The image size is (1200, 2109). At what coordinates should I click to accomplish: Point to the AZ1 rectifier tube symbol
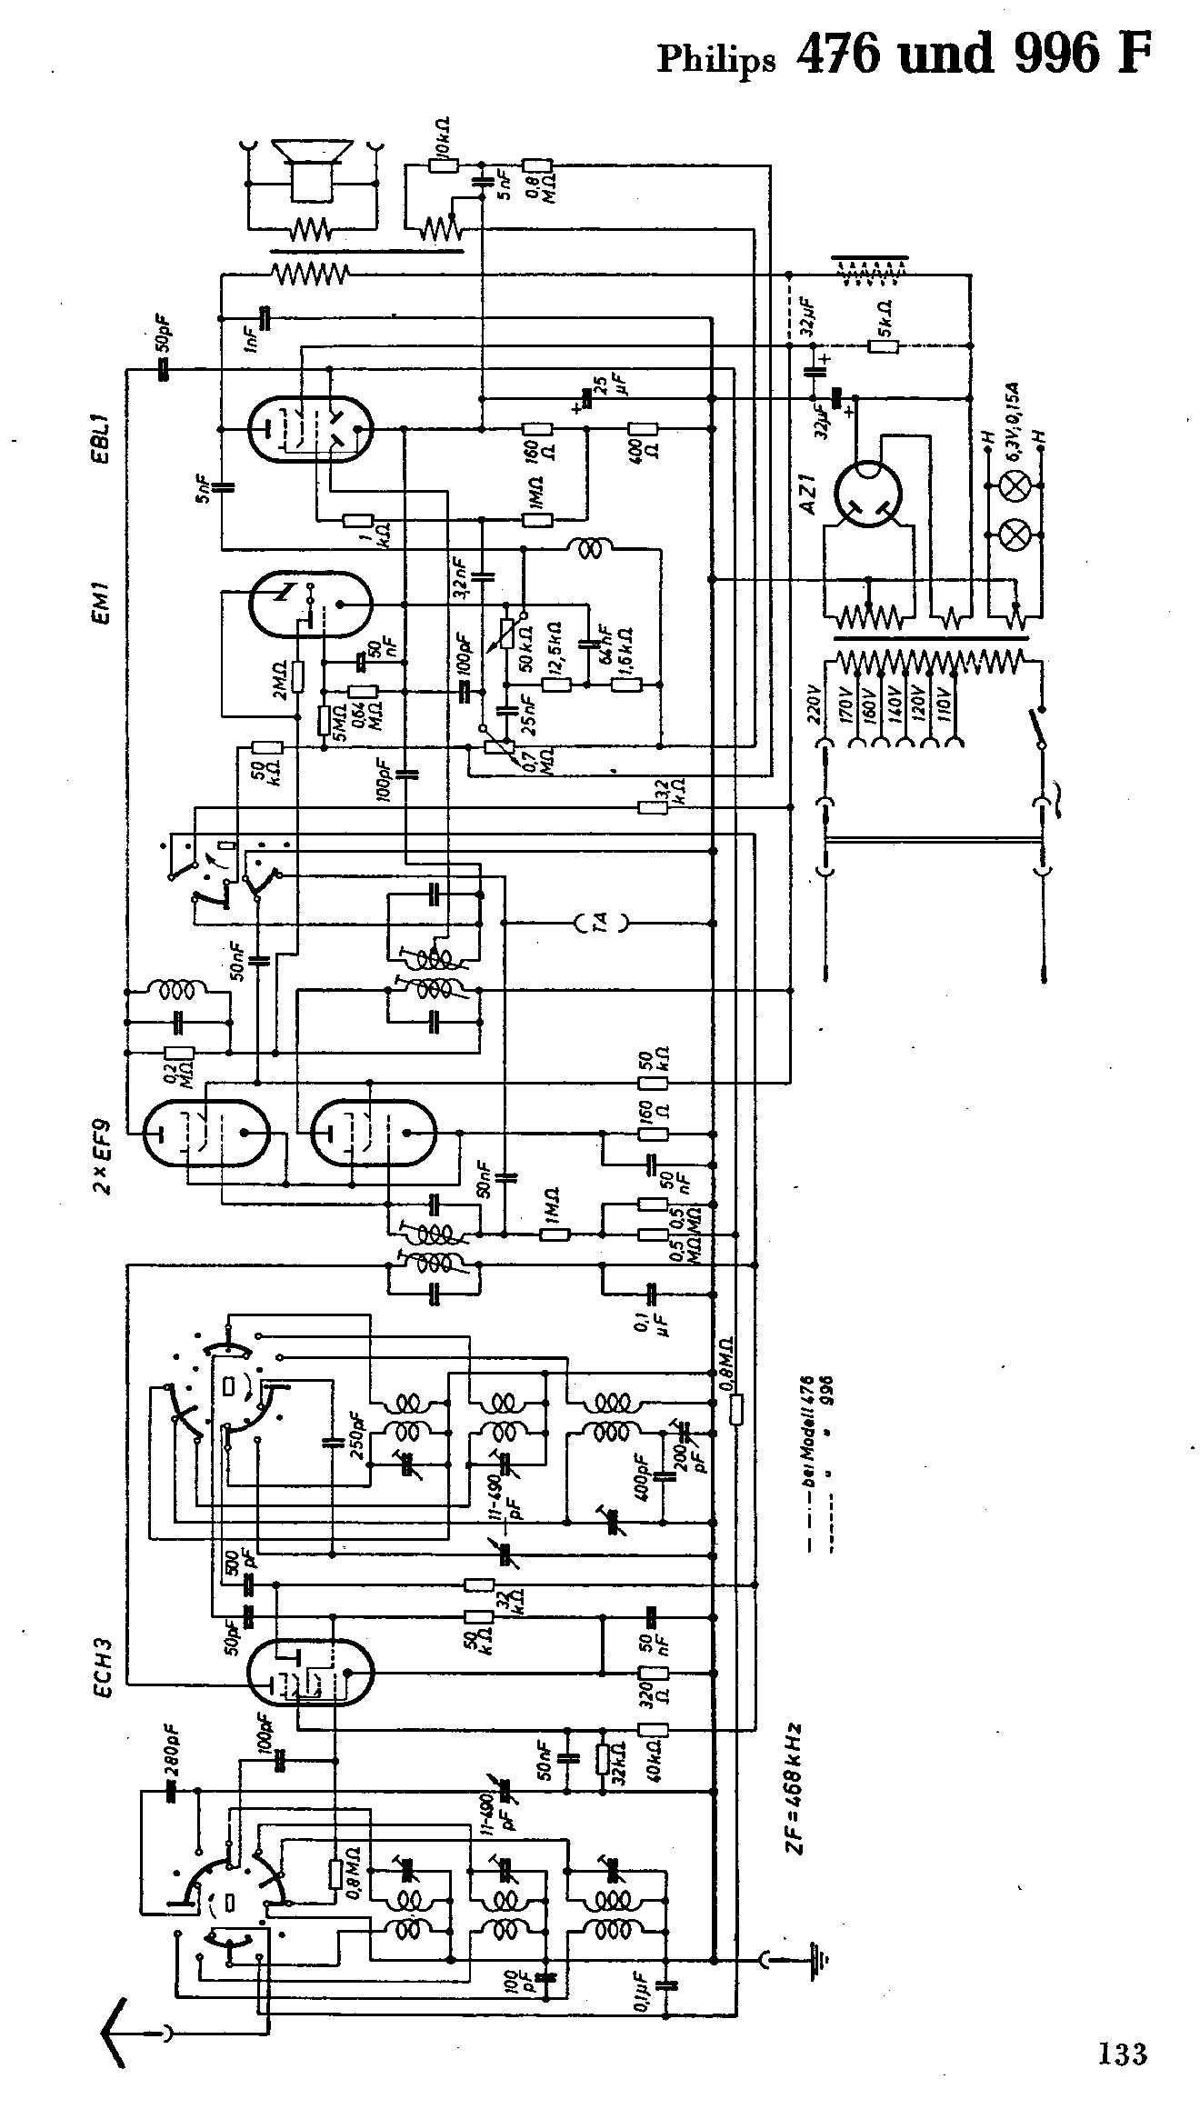(869, 495)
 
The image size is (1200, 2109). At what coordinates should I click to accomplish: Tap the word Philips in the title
(716, 59)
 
